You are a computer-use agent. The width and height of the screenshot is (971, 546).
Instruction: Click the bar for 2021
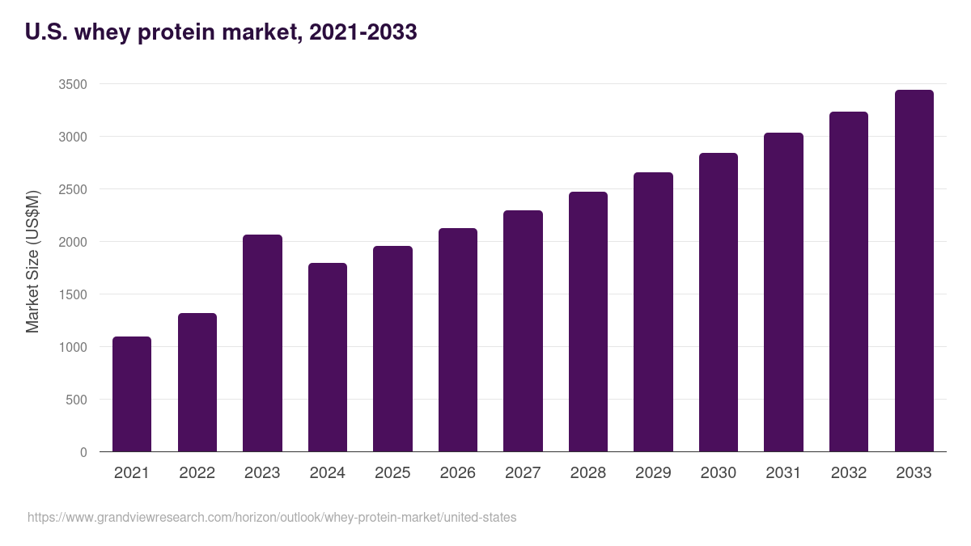[132, 394]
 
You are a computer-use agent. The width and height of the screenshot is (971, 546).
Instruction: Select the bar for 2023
[262, 343]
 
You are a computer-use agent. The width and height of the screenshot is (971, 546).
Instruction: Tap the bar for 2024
[328, 357]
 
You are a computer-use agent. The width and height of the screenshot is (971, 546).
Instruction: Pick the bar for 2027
[523, 331]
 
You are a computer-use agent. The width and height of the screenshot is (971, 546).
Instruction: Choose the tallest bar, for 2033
[914, 270]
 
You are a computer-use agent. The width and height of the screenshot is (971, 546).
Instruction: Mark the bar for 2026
[458, 340]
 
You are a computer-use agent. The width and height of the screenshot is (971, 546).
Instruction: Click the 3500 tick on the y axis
[73, 84]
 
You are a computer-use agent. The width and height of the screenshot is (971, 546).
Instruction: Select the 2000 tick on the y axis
[73, 242]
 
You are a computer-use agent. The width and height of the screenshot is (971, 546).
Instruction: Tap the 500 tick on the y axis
[77, 400]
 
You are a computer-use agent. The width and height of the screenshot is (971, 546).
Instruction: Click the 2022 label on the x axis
[197, 473]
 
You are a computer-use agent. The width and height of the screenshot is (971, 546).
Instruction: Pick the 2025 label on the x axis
[392, 473]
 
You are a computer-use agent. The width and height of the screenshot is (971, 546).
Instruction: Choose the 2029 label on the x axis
[653, 473]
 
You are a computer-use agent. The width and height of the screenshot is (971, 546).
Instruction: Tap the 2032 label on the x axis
[849, 473]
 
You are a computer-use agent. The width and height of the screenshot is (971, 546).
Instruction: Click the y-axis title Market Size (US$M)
[32, 260]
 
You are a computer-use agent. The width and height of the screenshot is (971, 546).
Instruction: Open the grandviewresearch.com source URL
[272, 517]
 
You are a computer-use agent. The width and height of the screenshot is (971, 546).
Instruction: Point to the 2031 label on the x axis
[783, 473]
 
